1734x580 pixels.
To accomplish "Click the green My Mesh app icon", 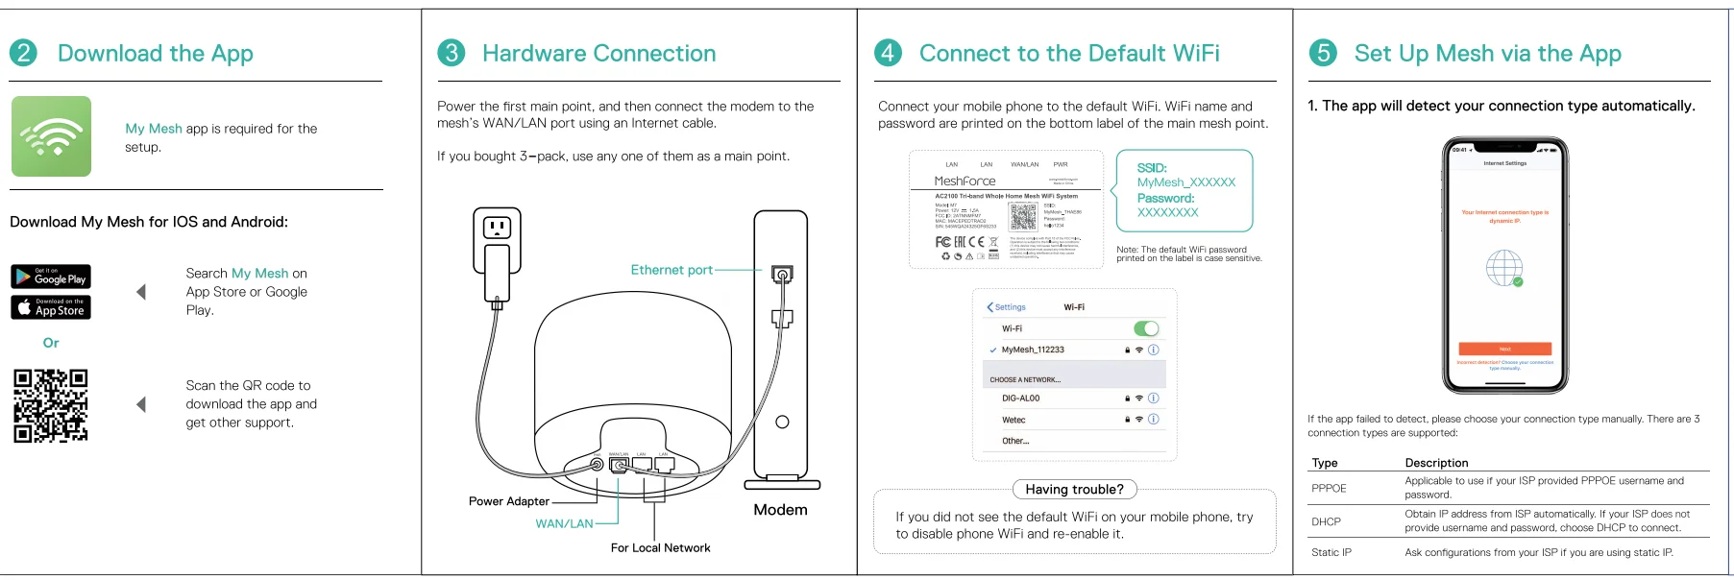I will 52,136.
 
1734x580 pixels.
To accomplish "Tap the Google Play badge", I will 51,277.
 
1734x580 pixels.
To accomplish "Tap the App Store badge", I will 51,307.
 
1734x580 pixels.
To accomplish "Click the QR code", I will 51,405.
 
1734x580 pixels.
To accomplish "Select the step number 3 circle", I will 451,53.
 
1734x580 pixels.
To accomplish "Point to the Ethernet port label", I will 671,270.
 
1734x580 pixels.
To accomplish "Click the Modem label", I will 780,510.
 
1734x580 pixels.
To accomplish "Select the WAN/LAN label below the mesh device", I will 564,523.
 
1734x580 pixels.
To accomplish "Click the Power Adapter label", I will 508,501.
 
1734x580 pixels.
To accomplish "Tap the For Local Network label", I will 660,548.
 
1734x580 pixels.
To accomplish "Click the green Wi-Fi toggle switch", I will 1146,328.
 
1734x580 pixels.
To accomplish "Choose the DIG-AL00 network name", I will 1020,399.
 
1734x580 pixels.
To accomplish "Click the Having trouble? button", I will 1074,490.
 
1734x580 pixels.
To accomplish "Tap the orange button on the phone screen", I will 1504,349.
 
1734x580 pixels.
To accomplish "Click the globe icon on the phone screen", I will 1504,268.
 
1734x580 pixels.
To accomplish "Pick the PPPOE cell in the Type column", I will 1329,488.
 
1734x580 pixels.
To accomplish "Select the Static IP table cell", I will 1331,552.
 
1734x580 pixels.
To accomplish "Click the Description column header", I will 1436,463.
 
